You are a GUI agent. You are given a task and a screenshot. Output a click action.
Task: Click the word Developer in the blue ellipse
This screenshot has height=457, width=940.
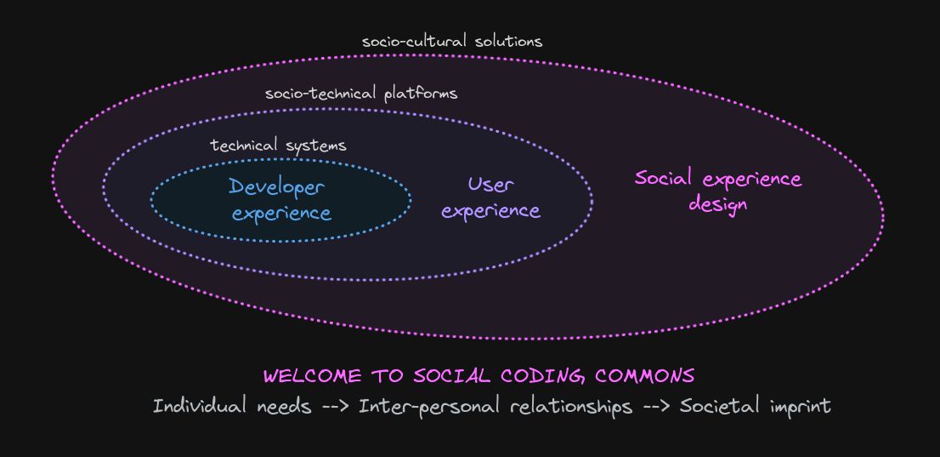tap(277, 187)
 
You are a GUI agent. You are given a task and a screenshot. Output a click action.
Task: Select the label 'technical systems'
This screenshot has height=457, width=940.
tap(278, 146)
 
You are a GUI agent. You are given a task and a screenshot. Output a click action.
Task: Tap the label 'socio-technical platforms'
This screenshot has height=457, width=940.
tap(361, 93)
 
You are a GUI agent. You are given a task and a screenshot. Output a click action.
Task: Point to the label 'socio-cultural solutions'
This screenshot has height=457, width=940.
tap(451, 41)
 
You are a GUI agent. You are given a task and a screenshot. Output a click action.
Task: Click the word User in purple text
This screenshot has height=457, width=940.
tap(491, 184)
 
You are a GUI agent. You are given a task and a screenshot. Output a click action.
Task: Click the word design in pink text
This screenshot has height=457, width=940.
tap(718, 204)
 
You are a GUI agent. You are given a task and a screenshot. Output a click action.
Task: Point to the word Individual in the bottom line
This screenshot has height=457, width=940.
tap(201, 406)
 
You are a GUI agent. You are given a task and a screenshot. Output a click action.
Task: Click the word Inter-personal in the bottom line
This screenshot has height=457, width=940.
tap(431, 406)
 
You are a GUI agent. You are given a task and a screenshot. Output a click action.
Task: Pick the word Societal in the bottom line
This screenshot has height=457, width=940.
tap(720, 406)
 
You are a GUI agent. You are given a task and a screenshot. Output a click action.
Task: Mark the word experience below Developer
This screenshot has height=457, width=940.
tap(281, 213)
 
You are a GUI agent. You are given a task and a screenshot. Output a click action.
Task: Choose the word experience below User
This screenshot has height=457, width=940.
tap(491, 210)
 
